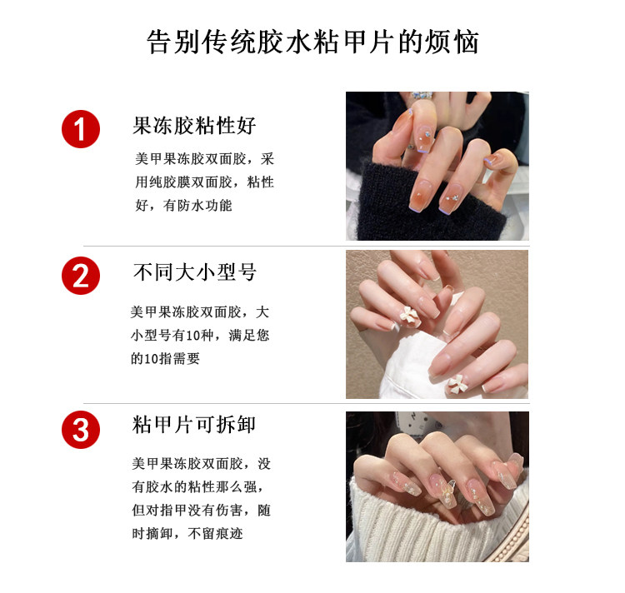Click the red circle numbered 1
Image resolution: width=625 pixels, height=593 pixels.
(81, 129)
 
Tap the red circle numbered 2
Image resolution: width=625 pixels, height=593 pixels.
(81, 276)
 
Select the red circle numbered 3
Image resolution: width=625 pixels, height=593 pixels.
(81, 430)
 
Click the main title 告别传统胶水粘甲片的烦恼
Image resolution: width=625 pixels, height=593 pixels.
(312, 42)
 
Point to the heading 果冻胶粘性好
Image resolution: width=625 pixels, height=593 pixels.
(194, 126)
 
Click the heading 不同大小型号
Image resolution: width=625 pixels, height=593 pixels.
(194, 272)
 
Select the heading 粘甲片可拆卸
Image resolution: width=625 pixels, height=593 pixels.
(193, 425)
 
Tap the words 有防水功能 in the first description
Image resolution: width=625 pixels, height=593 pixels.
(197, 206)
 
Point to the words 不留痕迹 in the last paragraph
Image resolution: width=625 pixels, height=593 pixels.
(215, 533)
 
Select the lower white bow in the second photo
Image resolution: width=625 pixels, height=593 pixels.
(457, 384)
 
